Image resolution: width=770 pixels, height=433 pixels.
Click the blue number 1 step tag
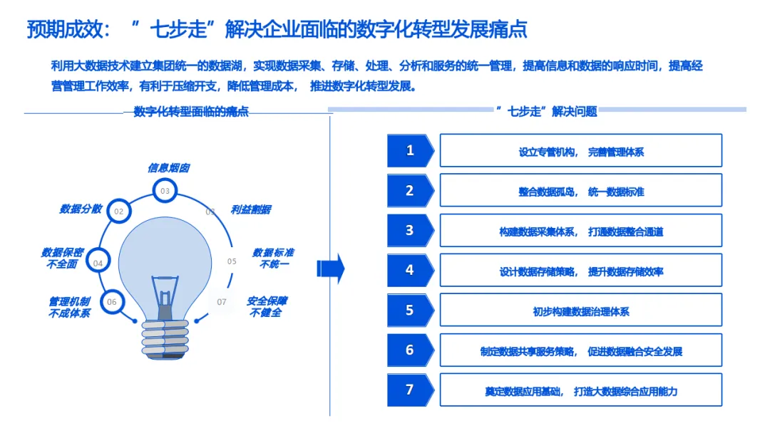point(410,150)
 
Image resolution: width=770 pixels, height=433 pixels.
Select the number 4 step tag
point(410,270)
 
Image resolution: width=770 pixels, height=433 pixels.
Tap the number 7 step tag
point(410,390)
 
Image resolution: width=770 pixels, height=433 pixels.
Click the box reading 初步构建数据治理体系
point(580,311)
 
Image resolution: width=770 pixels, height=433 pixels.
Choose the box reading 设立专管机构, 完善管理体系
point(580,151)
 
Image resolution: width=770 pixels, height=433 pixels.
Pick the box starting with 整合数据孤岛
point(580,191)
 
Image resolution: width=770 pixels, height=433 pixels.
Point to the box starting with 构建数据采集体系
point(580,231)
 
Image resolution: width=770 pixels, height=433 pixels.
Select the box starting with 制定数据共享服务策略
point(580,350)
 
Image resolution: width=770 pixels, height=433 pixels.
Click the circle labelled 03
point(165,190)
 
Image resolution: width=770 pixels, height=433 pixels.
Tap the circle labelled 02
point(119,211)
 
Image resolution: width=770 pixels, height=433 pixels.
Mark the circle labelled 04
point(98,262)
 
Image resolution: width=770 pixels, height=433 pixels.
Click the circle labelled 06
point(112,301)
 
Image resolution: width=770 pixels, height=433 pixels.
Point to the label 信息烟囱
point(168,168)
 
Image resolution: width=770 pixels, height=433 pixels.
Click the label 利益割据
point(250,209)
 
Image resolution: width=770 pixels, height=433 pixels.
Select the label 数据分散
point(81,209)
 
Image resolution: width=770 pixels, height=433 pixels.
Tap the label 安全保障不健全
point(266,307)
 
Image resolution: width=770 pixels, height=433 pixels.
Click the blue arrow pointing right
point(330,268)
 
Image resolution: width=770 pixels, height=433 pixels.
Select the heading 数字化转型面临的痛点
point(191,111)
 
